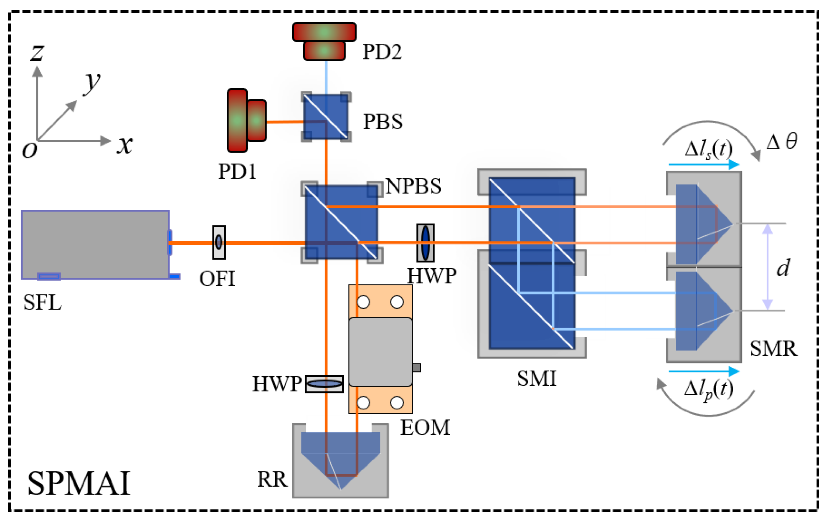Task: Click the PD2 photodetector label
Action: pyautogui.click(x=382, y=52)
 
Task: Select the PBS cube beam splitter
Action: pyautogui.click(x=326, y=117)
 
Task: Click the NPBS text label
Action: pyautogui.click(x=413, y=186)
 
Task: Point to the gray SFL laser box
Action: pyautogui.click(x=95, y=244)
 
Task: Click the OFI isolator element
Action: pyautogui.click(x=219, y=242)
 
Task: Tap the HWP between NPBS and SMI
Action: pyautogui.click(x=425, y=243)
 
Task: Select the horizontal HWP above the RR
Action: pyautogui.click(x=324, y=384)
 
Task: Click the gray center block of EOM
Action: pyautogui.click(x=380, y=352)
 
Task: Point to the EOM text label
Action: pyautogui.click(x=425, y=428)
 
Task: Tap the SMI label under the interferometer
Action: pyautogui.click(x=536, y=378)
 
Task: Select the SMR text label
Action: pyautogui.click(x=773, y=349)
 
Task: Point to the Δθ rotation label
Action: pyautogui.click(x=782, y=142)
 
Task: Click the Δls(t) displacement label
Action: pyautogui.click(x=709, y=150)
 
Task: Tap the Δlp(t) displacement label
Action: pyautogui.click(x=709, y=389)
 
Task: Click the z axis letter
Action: pyautogui.click(x=37, y=53)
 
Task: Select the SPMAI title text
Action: pyautogui.click(x=79, y=483)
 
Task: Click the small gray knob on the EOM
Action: pyautogui.click(x=416, y=367)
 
